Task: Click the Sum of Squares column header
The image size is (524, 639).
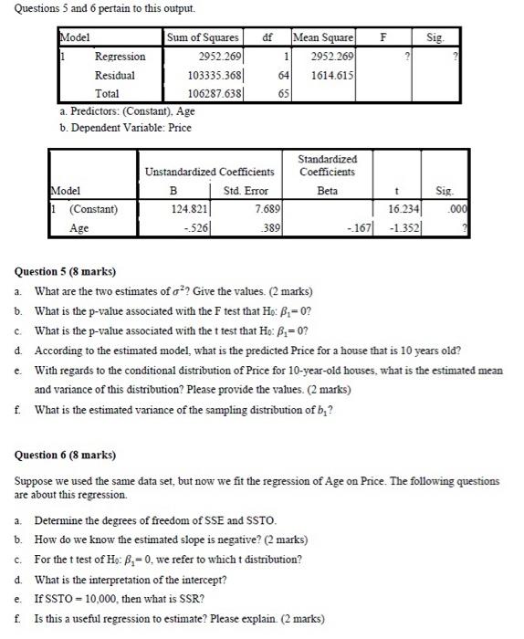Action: click(203, 38)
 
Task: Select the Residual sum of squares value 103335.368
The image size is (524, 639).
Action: click(212, 75)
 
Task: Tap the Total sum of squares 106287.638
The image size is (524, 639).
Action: click(212, 93)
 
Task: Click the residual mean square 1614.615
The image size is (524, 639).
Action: click(327, 75)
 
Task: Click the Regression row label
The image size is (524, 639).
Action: click(121, 57)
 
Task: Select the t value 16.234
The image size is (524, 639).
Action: click(403, 210)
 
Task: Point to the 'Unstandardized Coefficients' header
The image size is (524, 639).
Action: click(209, 172)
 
